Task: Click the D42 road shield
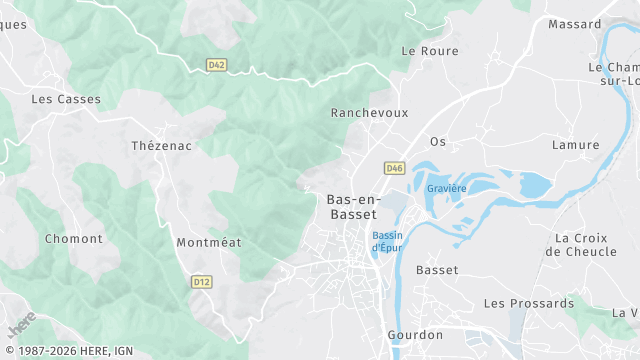coord(216,65)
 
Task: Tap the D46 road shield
coord(394,168)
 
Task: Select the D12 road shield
coord(201,282)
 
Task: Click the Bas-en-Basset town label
coord(353,206)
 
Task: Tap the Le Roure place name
coord(429,51)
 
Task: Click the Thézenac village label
coord(161,146)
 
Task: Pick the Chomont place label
coord(74,239)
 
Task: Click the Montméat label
coord(209,243)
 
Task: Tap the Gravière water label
coord(446,188)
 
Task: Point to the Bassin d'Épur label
coord(387,241)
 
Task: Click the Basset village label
coord(437,270)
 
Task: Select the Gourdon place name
coord(414,335)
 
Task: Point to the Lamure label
coord(576,145)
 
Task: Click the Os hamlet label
coord(437,141)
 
